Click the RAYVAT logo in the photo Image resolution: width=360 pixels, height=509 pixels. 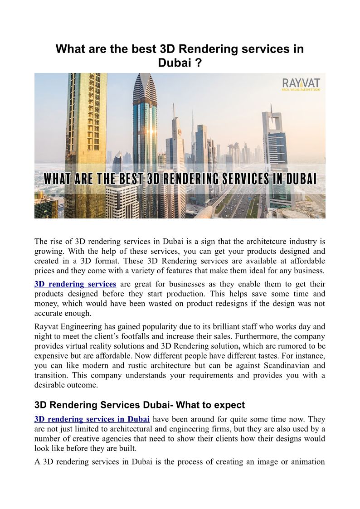[301, 85]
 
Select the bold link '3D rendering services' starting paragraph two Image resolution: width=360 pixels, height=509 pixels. [75, 284]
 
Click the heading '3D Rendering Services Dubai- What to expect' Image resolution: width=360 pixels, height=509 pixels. [140, 405]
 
